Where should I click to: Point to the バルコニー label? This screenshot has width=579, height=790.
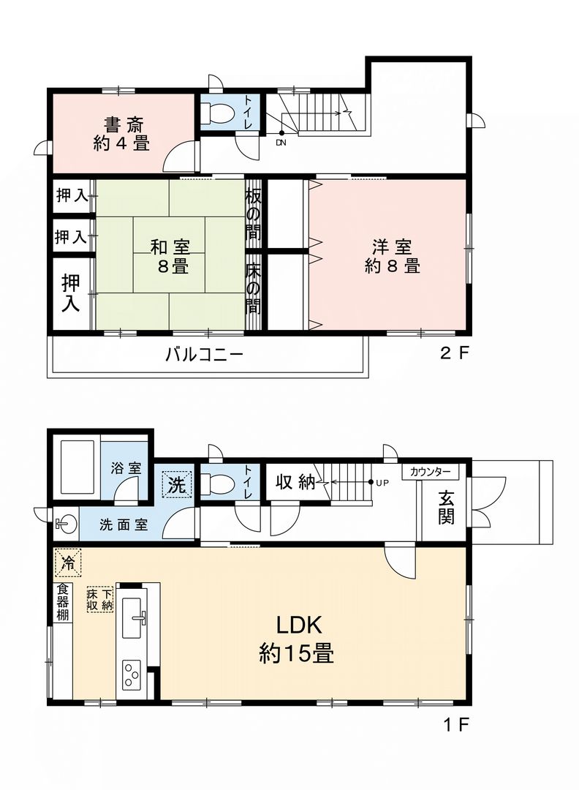(x=204, y=355)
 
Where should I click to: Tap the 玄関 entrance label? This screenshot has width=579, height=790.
(x=446, y=507)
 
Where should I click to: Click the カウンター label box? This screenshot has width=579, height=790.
(x=431, y=473)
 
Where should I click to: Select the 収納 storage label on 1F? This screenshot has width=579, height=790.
(x=295, y=483)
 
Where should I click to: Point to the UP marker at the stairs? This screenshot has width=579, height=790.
(x=380, y=483)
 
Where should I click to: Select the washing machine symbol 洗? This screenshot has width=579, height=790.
(x=176, y=483)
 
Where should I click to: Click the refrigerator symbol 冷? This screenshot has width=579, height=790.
(x=67, y=563)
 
